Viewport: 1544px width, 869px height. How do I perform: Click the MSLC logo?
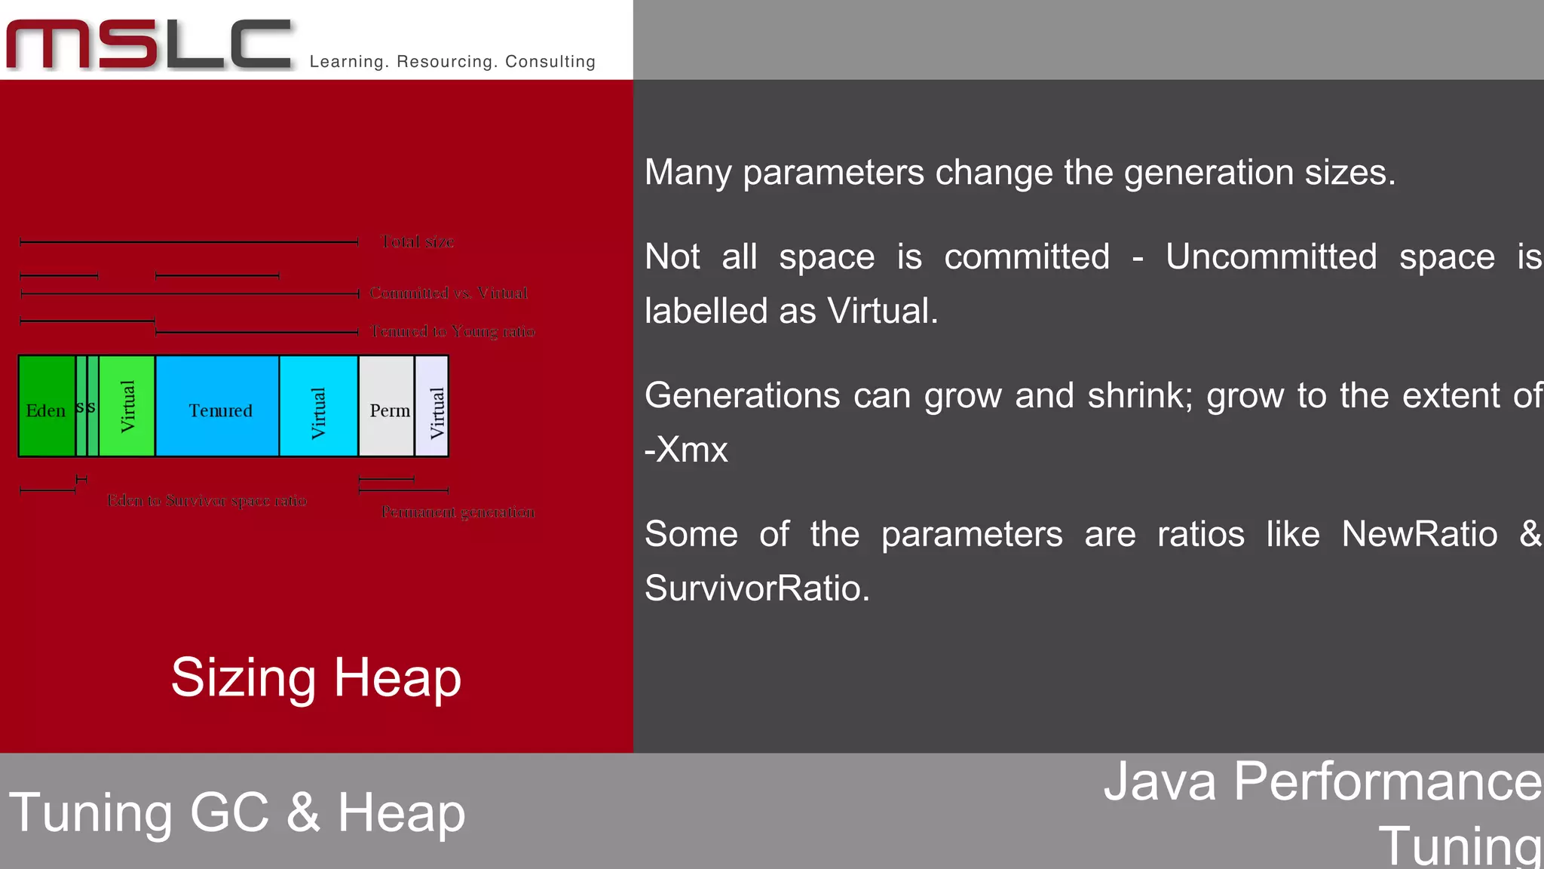pos(149,45)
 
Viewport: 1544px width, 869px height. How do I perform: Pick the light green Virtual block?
pos(127,407)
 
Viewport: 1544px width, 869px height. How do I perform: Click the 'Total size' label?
pos(418,242)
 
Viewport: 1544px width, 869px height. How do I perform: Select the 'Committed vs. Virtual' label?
pos(449,293)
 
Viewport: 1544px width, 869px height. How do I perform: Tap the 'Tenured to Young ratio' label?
pos(453,331)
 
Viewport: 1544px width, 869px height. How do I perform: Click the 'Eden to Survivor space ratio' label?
pos(207,501)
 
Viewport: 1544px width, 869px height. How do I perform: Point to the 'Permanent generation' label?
pos(458,512)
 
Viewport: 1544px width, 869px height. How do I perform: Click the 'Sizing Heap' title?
pos(316,677)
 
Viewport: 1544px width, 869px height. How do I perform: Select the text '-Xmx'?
pos(686,450)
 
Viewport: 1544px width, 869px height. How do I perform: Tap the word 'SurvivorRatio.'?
pos(757,588)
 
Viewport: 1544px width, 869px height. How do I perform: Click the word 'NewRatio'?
pos(1419,534)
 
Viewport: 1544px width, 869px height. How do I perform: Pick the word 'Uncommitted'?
pos(1271,256)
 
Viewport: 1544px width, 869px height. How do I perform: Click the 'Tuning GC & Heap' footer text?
pos(237,813)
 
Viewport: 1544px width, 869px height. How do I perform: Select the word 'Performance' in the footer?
pos(1387,781)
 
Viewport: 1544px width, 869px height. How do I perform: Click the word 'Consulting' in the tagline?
pos(550,62)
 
